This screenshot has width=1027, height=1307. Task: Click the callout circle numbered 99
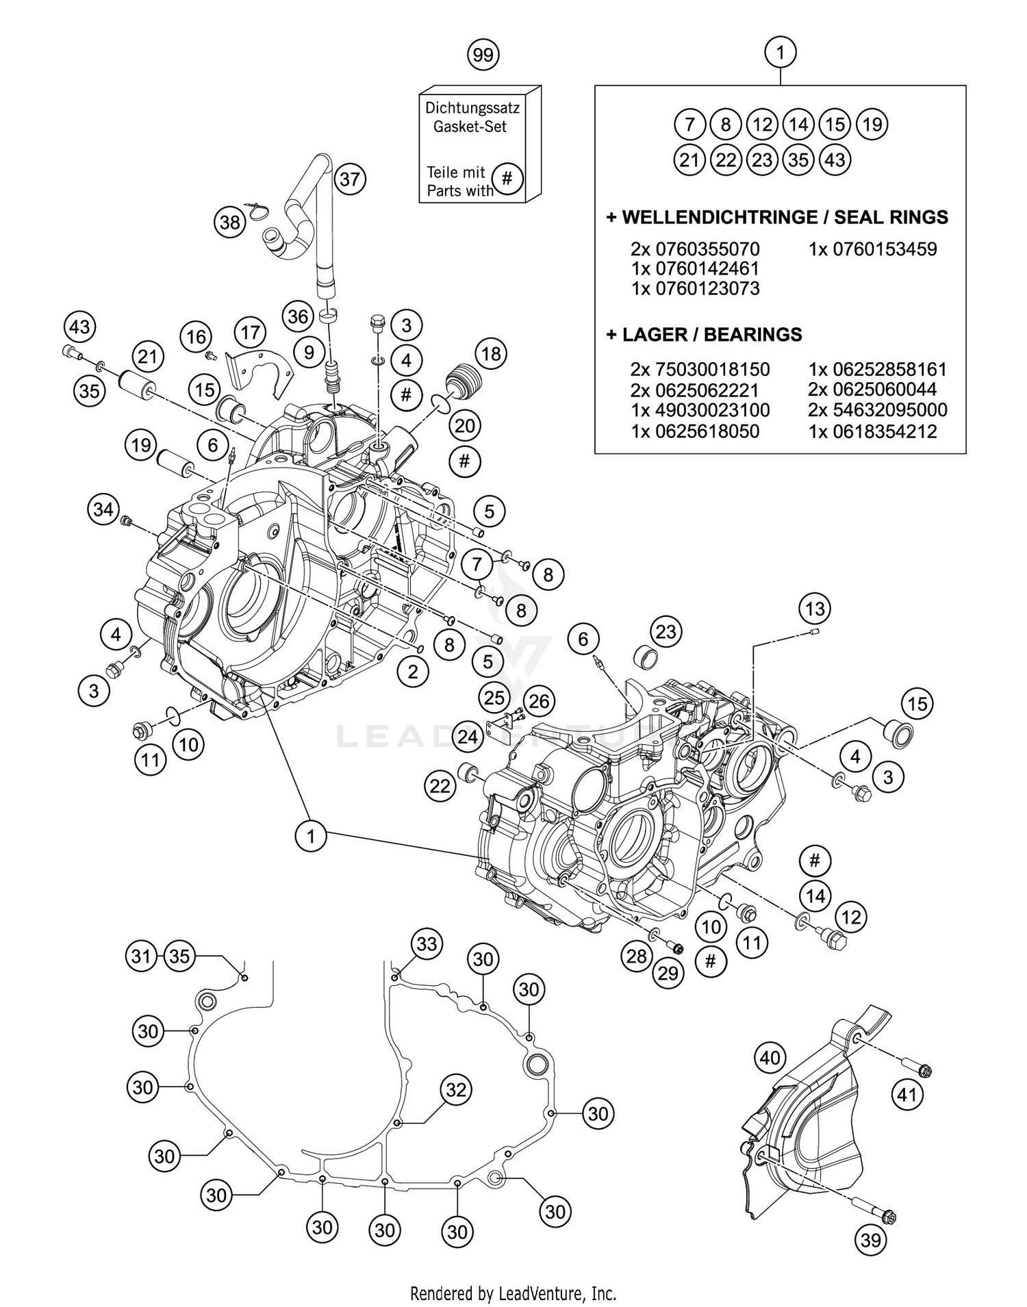pos(483,55)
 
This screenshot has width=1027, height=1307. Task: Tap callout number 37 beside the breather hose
pos(350,179)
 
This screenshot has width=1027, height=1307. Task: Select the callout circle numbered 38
pos(230,223)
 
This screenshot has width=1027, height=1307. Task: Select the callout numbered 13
pos(814,609)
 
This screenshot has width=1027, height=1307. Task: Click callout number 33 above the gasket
pos(427,944)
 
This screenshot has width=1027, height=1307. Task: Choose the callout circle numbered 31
pos(141,955)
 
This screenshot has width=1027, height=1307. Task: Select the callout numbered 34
pos(103,509)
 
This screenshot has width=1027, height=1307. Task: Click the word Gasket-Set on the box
pos(470,127)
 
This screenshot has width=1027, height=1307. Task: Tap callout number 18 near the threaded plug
pos(491,353)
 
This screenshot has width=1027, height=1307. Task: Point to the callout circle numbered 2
pos(412,672)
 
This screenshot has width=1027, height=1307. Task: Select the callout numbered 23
pos(666,631)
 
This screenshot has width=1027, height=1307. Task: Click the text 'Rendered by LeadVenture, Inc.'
pos(513,1293)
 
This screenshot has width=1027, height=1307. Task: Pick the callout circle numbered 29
pos(668,972)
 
